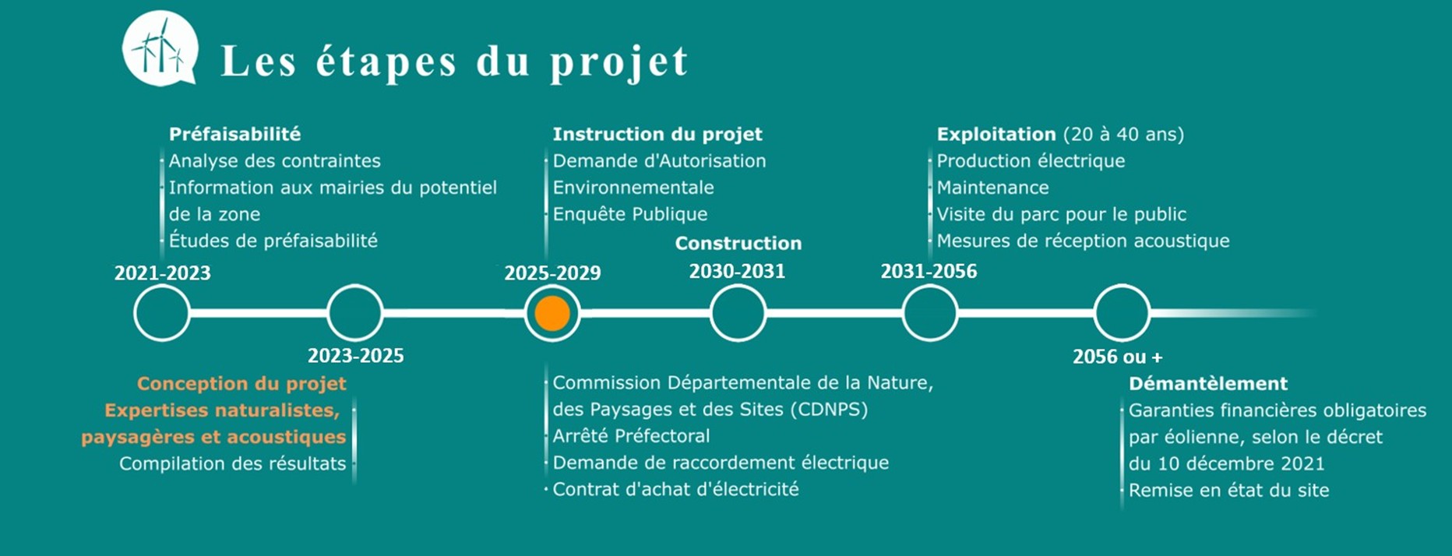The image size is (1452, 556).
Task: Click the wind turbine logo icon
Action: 160,48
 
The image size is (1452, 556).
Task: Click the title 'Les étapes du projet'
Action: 455,62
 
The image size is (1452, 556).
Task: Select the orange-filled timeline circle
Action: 552,313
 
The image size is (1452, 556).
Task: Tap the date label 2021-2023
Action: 163,273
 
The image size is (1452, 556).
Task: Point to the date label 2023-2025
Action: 355,356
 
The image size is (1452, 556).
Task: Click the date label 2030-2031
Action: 737,271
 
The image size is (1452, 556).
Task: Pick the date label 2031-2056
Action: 929,271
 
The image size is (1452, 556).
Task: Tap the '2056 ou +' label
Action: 1117,357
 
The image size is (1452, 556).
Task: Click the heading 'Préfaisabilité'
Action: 234,134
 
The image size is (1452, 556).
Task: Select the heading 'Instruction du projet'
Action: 657,134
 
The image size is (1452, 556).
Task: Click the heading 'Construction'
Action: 738,243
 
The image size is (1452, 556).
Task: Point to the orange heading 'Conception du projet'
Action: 241,384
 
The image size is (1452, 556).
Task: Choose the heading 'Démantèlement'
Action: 1208,383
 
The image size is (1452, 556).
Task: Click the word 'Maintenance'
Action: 992,188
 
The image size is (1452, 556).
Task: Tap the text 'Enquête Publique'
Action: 630,214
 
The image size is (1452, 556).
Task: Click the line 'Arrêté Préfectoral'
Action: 631,436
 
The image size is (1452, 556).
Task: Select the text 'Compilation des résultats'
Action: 232,463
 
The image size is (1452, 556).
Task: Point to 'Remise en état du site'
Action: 1228,490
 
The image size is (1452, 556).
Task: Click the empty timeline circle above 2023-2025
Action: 355,313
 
